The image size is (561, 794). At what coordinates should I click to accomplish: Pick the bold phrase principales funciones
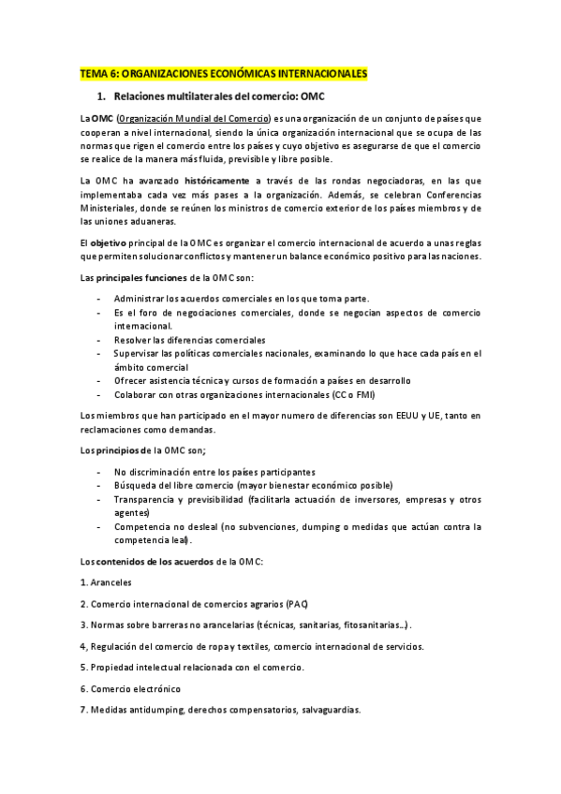(140, 278)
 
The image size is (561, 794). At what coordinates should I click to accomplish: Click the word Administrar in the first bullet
(143, 298)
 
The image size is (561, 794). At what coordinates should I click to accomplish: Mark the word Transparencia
(147, 500)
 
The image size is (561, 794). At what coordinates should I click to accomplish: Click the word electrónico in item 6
(155, 688)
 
